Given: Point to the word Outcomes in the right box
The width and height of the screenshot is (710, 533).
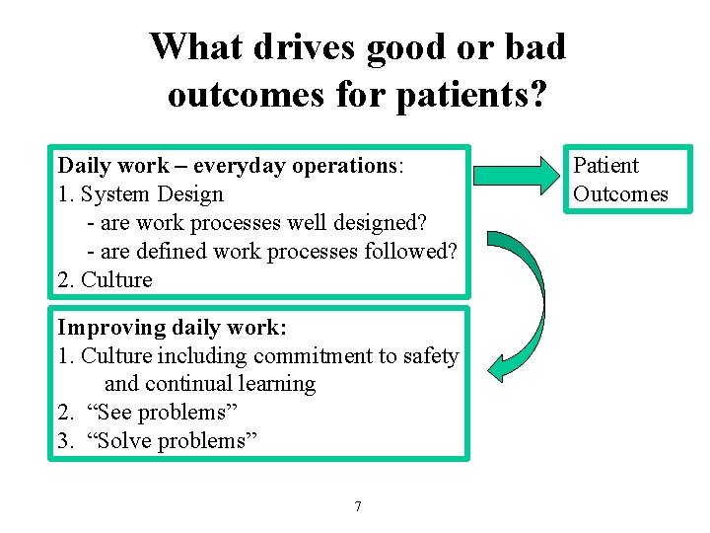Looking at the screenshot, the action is tap(620, 193).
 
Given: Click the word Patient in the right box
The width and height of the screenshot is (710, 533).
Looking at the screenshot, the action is tap(605, 165).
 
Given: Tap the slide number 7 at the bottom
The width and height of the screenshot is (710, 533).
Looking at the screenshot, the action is tap(357, 506).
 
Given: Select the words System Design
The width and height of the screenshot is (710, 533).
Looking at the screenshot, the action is tap(152, 193).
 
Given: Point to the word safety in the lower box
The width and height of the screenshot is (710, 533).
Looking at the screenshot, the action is tap(431, 355).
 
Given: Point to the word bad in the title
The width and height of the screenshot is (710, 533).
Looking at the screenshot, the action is tap(538, 46).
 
